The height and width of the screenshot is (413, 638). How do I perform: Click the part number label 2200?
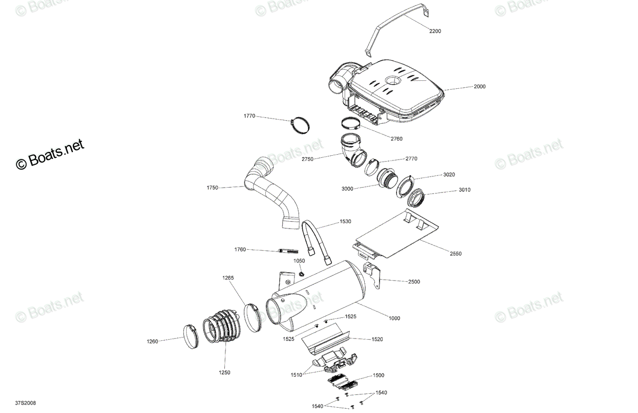pyautogui.click(x=435, y=31)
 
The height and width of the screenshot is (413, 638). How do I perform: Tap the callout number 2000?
pyautogui.click(x=480, y=86)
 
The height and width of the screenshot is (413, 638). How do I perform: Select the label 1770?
pyautogui.click(x=249, y=116)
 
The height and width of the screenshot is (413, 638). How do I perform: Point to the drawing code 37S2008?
pyautogui.click(x=26, y=403)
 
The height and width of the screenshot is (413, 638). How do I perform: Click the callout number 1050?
pyautogui.click(x=299, y=260)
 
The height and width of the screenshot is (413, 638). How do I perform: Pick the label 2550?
pyautogui.click(x=456, y=254)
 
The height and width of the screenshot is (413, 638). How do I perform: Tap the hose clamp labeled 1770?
pyautogui.click(x=300, y=125)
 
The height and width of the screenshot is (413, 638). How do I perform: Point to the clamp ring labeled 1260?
pyautogui.click(x=191, y=336)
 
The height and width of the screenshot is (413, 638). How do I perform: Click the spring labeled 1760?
pyautogui.click(x=288, y=251)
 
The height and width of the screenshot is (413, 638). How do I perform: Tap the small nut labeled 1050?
pyautogui.click(x=301, y=274)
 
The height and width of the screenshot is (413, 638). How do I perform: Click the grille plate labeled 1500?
pyautogui.click(x=342, y=383)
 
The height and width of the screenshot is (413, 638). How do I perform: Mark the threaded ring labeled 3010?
pyautogui.click(x=416, y=197)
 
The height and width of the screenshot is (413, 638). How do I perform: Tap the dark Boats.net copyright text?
pyautogui.click(x=50, y=154)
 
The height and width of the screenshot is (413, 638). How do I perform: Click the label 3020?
pyautogui.click(x=449, y=174)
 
